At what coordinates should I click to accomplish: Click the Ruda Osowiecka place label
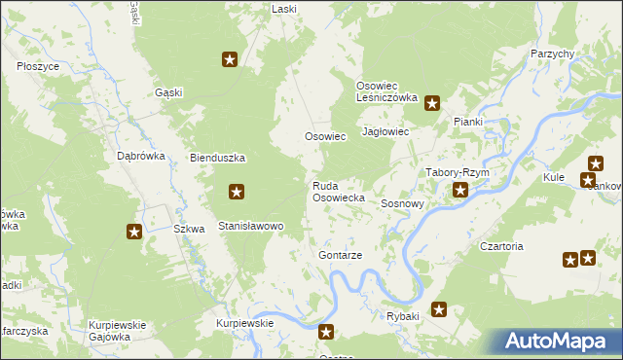[x=338, y=191]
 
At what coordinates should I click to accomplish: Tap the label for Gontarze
[x=340, y=255]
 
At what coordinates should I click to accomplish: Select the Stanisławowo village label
[x=250, y=226]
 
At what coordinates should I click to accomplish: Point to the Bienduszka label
[x=217, y=158]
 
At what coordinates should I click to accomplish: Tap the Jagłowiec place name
[x=385, y=131]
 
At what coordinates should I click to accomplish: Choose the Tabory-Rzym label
[x=457, y=172]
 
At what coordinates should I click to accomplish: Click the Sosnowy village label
[x=402, y=204]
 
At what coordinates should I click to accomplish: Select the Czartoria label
[x=501, y=246]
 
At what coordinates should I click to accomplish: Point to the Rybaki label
[x=402, y=317]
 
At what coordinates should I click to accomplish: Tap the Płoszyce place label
[x=39, y=66]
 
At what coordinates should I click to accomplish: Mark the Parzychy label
[x=553, y=54]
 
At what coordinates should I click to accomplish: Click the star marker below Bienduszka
[x=236, y=192]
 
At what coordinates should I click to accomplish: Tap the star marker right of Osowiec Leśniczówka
[x=432, y=102]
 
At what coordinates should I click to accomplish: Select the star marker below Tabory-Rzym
[x=460, y=191]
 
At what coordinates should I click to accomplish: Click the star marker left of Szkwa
[x=134, y=232]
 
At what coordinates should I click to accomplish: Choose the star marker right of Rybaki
[x=439, y=310]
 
